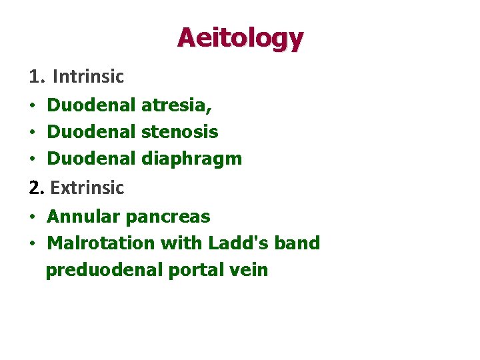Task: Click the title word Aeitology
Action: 240,38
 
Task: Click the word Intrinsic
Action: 88,77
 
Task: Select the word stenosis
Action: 180,131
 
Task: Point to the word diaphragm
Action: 192,159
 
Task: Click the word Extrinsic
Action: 87,188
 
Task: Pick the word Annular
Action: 83,217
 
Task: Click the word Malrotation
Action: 101,243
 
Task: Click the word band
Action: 297,243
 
